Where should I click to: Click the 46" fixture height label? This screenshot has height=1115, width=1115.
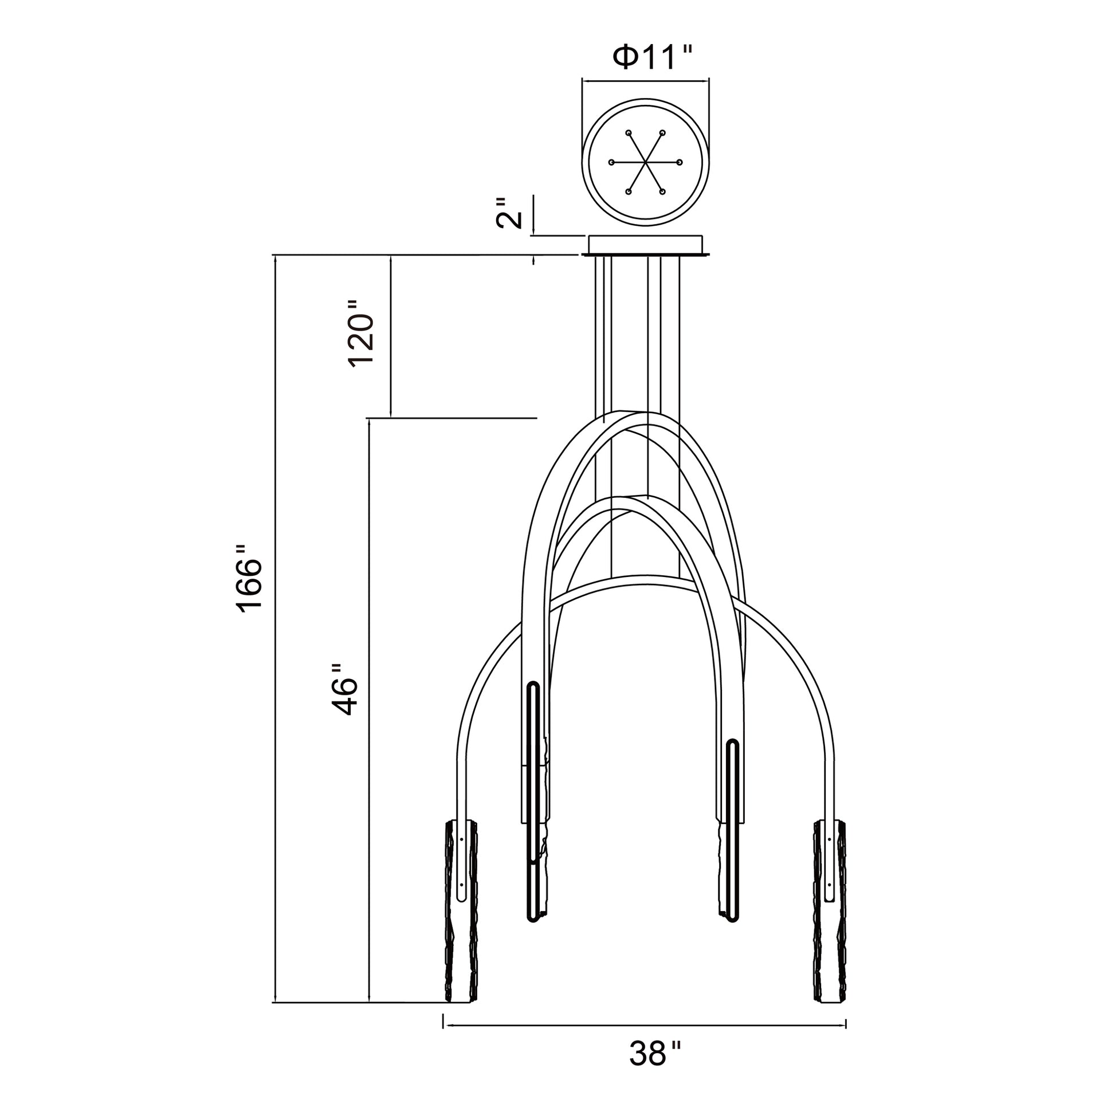(345, 689)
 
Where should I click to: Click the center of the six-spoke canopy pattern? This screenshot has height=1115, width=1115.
(645, 162)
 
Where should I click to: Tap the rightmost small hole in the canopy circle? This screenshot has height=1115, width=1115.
(680, 162)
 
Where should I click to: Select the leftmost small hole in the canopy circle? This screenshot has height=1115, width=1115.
(611, 162)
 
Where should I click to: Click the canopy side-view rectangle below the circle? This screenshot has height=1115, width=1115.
(645, 245)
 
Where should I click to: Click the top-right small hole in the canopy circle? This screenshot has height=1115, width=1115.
(662, 133)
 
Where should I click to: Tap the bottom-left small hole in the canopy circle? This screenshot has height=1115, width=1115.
(628, 191)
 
